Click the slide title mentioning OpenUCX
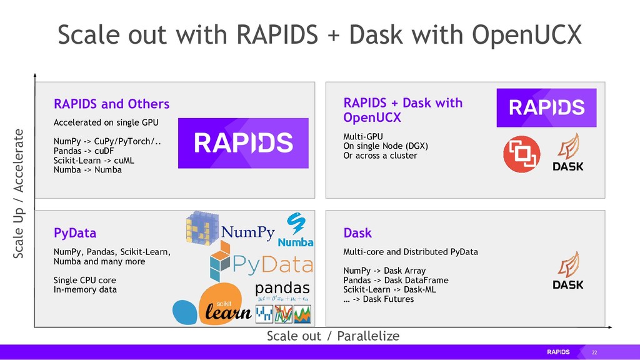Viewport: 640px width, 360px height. click(319, 35)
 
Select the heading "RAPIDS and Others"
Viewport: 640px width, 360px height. click(111, 103)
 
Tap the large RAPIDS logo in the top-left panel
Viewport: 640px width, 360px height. click(243, 143)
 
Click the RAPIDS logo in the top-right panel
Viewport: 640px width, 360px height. click(546, 108)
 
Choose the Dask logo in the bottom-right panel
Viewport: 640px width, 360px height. click(568, 271)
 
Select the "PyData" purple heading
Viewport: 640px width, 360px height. click(75, 233)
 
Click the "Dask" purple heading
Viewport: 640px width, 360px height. click(357, 233)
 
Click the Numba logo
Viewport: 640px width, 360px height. click(295, 230)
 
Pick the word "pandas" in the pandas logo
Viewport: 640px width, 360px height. click(282, 288)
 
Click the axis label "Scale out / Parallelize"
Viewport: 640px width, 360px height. click(332, 336)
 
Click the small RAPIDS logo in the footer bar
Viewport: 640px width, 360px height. click(558, 352)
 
